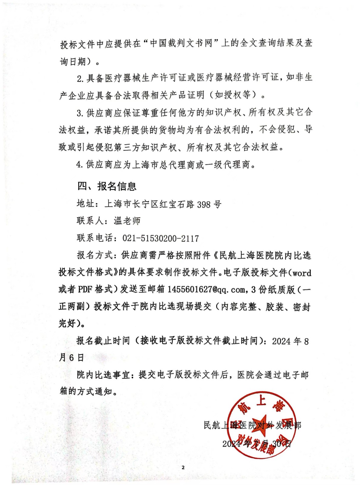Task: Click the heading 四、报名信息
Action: point(107,186)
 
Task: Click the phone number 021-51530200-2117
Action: point(160,238)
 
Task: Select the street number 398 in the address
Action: point(204,204)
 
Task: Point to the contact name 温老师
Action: point(127,221)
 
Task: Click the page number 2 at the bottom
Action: point(183,467)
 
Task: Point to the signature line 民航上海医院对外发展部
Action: point(252,425)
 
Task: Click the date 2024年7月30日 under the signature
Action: point(257,443)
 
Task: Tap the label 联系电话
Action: point(95,238)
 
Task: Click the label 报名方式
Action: point(95,255)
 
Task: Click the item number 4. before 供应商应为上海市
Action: point(79,165)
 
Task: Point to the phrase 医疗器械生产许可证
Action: point(136,78)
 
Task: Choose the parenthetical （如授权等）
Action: point(232,95)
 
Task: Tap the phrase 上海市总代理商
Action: point(165,165)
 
